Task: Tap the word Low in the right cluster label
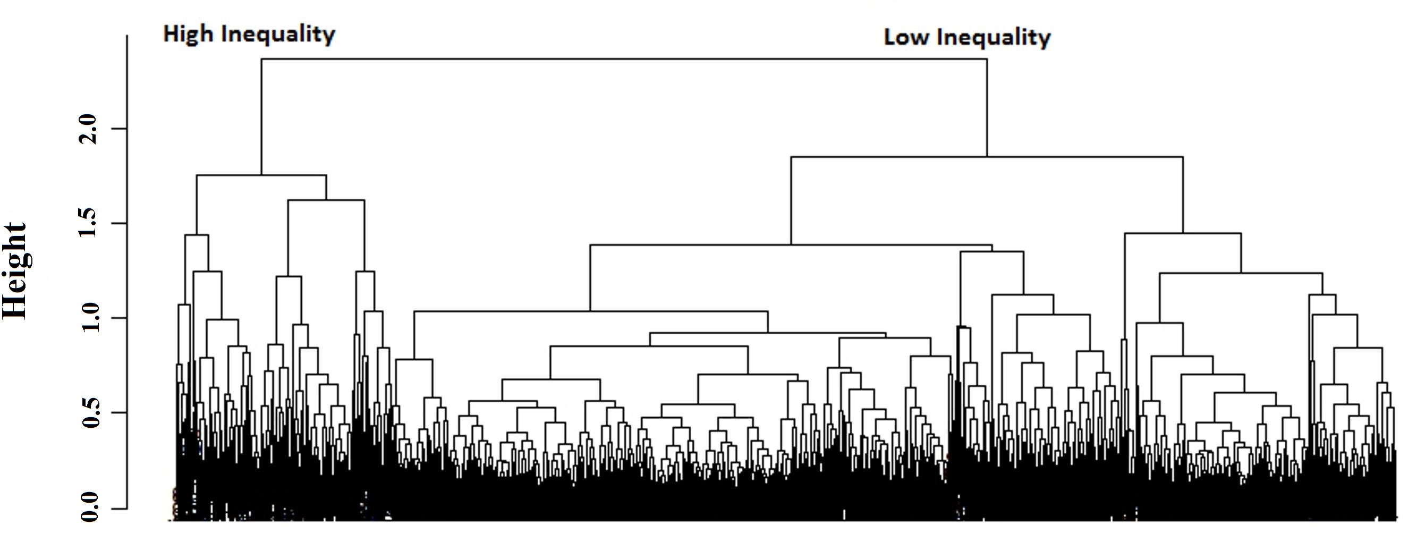(906, 37)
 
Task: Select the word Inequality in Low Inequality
(993, 37)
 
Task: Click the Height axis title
(15, 270)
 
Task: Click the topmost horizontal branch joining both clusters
(623, 59)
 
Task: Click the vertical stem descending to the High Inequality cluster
(262, 117)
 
